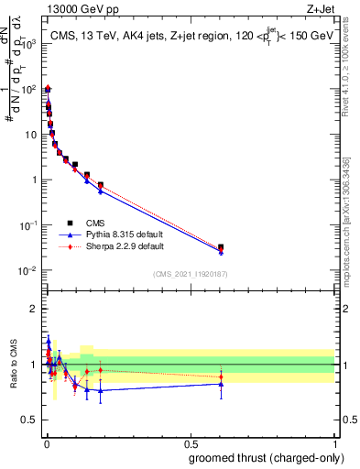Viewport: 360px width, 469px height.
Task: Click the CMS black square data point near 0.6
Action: [x=221, y=247]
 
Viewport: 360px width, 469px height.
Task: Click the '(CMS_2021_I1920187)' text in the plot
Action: [x=191, y=274]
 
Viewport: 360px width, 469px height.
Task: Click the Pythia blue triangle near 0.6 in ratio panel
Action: [x=221, y=384]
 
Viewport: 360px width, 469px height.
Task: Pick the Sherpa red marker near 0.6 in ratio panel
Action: [x=221, y=376]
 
